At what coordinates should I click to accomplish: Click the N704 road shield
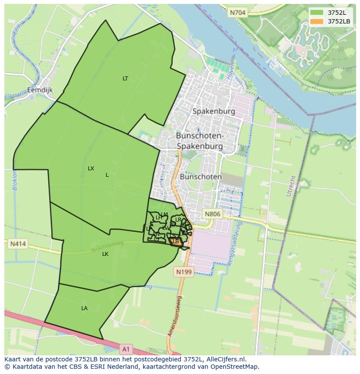point(238,13)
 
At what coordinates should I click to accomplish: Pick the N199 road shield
point(183,272)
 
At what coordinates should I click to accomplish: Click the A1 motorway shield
point(126,349)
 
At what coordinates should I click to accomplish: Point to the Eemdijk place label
point(40,90)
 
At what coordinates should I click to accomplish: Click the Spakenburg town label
point(213,111)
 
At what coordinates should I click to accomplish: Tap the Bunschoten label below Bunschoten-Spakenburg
point(200,177)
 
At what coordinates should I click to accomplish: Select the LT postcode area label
point(125,79)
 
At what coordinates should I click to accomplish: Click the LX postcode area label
point(91,168)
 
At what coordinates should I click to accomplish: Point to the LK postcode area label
point(105,254)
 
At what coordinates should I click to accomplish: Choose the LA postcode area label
point(84,308)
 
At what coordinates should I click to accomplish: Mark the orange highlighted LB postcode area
point(176,242)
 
